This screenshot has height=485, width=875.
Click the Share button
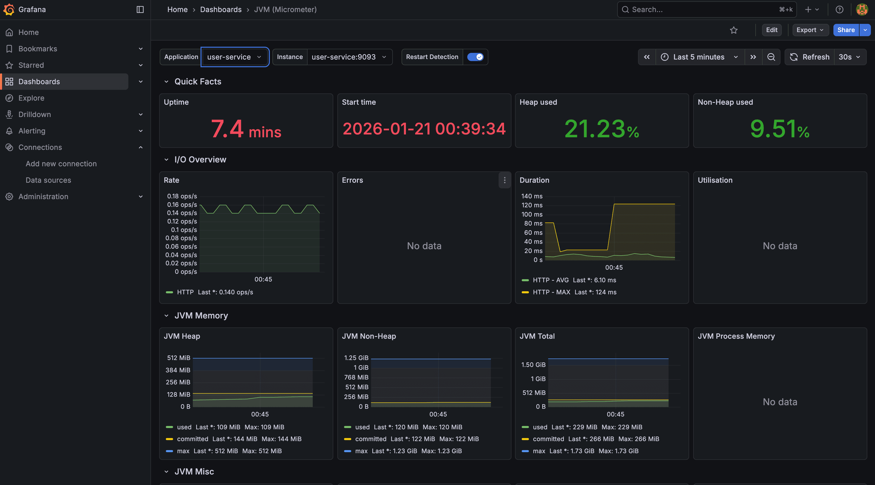pyautogui.click(x=845, y=30)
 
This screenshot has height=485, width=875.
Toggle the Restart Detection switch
pyautogui.click(x=475, y=57)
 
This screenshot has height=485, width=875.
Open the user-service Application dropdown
pyautogui.click(x=234, y=57)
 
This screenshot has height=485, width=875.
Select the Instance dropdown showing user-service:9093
pyautogui.click(x=349, y=57)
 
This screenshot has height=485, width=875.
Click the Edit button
pyautogui.click(x=771, y=30)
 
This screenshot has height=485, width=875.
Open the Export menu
pyautogui.click(x=810, y=30)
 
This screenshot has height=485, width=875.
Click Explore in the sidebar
pyautogui.click(x=31, y=98)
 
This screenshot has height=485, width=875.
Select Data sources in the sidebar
pyautogui.click(x=48, y=180)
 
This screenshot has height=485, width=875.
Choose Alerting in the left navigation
pyautogui.click(x=32, y=131)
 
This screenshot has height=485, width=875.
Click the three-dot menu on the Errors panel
pyautogui.click(x=505, y=180)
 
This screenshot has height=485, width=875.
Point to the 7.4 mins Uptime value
pyautogui.click(x=246, y=129)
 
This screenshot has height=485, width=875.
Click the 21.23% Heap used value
pyautogui.click(x=602, y=129)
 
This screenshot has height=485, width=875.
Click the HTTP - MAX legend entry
pyautogui.click(x=551, y=292)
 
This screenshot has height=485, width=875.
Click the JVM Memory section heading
pyautogui.click(x=201, y=316)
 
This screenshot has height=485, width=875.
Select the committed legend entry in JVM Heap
pyautogui.click(x=192, y=439)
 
